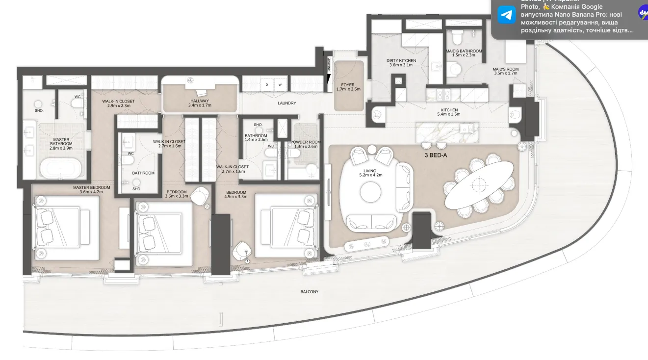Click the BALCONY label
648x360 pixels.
(x=309, y=292)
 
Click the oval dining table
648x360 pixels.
(x=479, y=184)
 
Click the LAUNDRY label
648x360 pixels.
(x=287, y=103)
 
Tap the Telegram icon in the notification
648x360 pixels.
(x=507, y=15)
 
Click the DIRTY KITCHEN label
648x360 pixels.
(x=401, y=61)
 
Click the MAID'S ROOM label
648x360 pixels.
(x=505, y=69)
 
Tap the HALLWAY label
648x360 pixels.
(x=200, y=101)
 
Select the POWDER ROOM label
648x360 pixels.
(x=306, y=142)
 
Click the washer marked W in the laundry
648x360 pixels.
(x=280, y=84)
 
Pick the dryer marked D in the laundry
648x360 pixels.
(x=267, y=84)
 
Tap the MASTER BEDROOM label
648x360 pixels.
(x=91, y=187)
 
